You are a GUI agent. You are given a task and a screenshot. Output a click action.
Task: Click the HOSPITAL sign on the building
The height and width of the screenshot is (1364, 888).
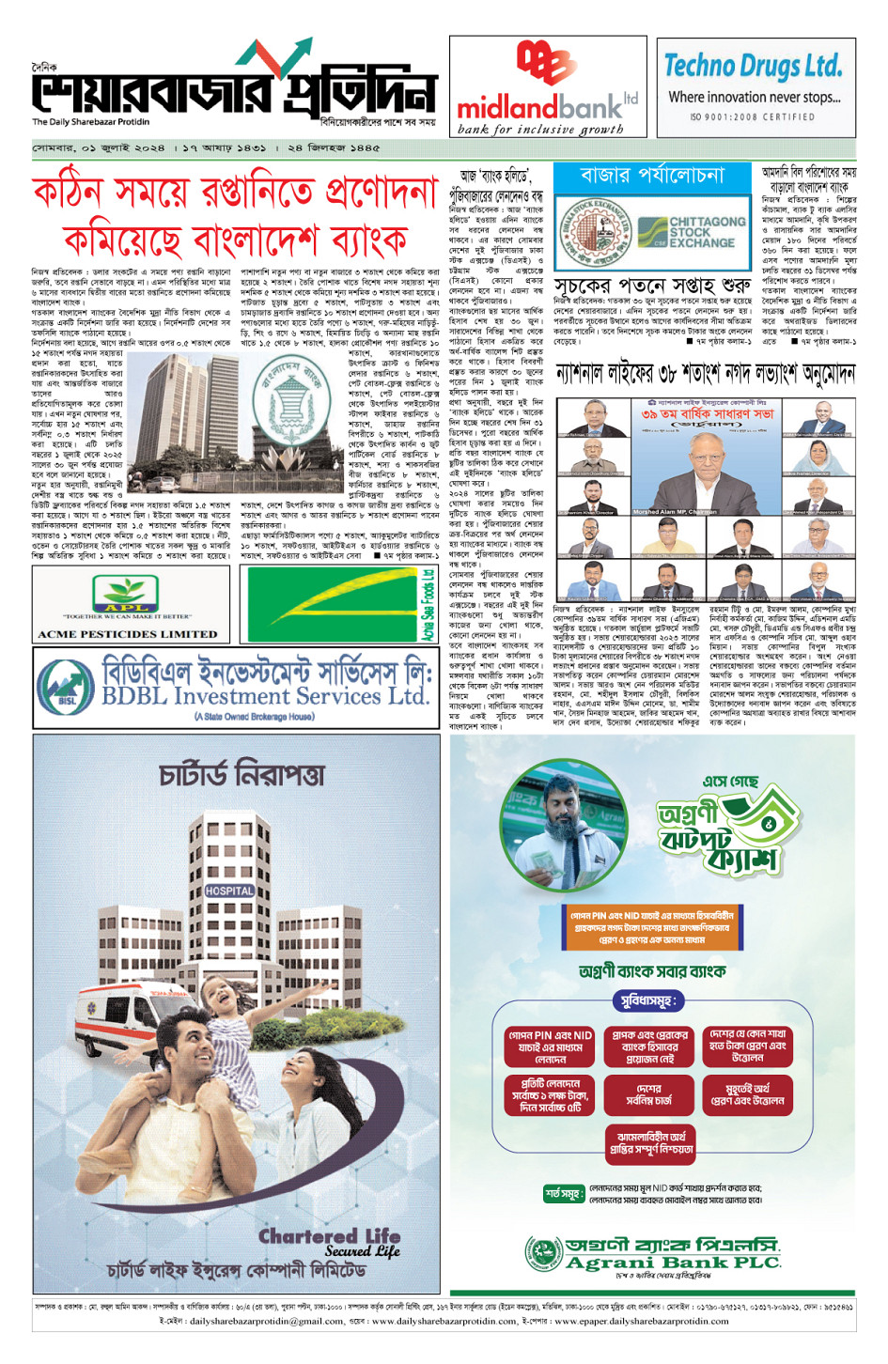229,891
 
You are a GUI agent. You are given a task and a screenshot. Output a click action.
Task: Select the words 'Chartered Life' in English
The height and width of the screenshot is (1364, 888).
329,1236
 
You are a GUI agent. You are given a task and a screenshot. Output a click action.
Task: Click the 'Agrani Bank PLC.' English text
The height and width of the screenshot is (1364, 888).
672,1263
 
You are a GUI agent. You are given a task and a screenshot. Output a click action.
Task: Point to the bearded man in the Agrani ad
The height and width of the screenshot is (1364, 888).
569,827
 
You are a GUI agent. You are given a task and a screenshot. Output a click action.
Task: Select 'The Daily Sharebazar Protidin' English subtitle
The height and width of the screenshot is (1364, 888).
90,122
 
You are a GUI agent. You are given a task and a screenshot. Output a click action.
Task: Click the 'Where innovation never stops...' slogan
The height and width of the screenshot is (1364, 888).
754,97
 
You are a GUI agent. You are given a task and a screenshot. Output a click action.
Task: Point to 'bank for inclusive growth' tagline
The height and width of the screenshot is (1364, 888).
539,130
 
